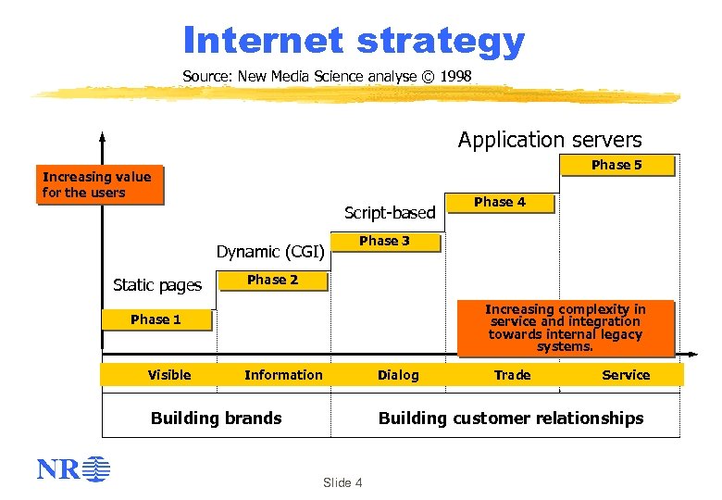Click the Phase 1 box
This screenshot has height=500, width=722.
coord(156,319)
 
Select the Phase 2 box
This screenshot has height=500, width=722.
coord(272,281)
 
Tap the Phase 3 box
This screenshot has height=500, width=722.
coord(384,242)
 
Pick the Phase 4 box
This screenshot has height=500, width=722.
coord(500,203)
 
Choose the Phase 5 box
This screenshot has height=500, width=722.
coord(616,166)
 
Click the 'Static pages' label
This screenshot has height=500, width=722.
coord(156,285)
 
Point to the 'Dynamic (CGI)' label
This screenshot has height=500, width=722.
coord(269,251)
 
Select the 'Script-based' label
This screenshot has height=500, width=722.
coord(390,213)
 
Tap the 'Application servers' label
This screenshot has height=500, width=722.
coord(550,140)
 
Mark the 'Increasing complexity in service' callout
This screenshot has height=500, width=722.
coord(566,328)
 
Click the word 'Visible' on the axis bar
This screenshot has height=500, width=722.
coord(169,375)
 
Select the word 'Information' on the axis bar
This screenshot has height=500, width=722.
coord(283,375)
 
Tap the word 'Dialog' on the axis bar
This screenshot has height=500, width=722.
coord(398,375)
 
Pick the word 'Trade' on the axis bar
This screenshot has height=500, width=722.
coord(512,375)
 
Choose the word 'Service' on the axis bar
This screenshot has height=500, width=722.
coord(626,375)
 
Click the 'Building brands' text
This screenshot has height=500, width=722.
coord(216,418)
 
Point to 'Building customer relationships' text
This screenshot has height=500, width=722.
coord(510,418)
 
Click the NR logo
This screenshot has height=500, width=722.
coord(73,469)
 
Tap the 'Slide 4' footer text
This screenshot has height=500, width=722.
coord(342,482)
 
